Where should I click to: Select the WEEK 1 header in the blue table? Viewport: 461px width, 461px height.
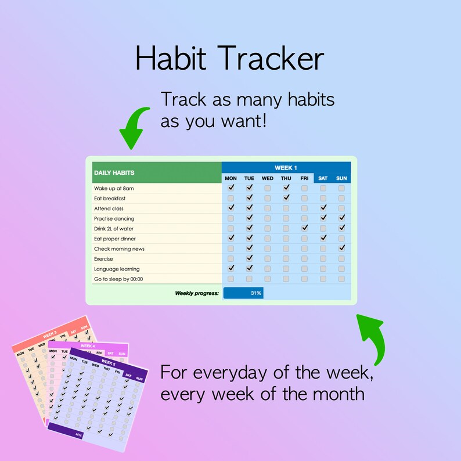[286, 168]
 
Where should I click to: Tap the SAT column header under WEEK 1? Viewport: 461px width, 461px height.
[323, 178]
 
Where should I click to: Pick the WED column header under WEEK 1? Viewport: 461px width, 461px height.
[268, 178]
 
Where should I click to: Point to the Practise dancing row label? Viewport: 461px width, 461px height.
[114, 218]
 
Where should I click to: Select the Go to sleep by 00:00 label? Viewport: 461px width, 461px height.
[118, 279]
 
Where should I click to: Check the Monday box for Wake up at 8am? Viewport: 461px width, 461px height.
[231, 188]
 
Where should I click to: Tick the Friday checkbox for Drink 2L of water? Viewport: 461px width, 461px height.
[304, 228]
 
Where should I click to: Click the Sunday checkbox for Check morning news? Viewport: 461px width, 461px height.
[341, 248]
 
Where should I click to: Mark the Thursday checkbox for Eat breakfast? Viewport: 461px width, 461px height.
[286, 198]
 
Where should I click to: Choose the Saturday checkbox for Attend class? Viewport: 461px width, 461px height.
[323, 208]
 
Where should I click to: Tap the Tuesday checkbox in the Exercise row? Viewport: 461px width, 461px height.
[250, 259]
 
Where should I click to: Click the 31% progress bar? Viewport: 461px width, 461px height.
[243, 293]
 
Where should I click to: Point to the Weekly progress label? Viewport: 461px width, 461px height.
[197, 293]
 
